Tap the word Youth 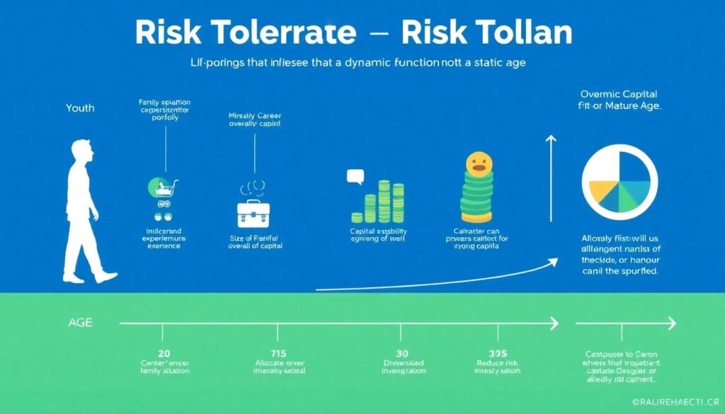[x=79, y=108]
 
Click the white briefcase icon [x=253, y=212]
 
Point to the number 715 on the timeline [x=277, y=353]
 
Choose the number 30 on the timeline [x=401, y=353]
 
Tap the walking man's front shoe [x=107, y=277]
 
